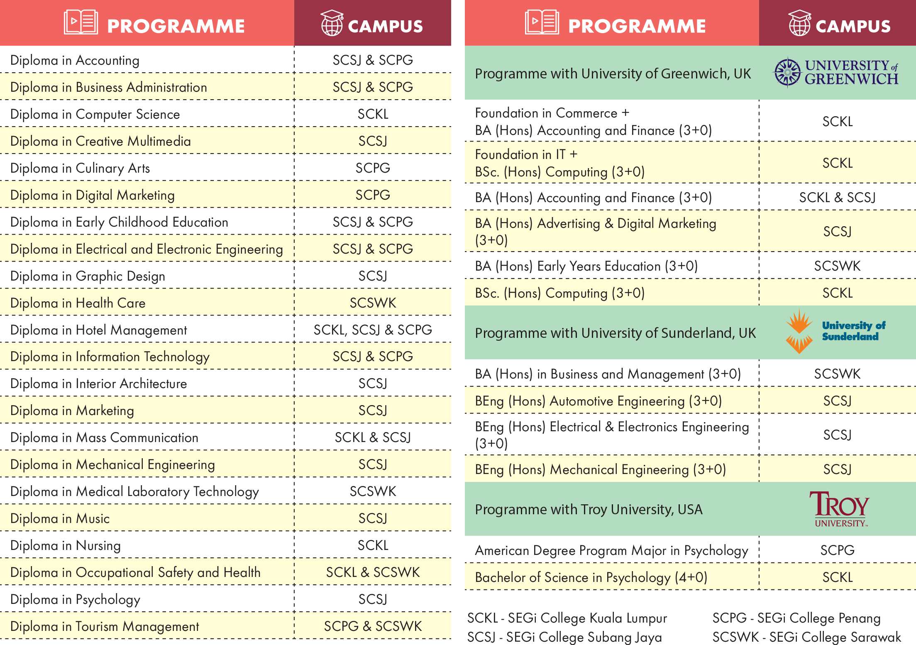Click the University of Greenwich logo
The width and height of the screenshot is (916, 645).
click(836, 73)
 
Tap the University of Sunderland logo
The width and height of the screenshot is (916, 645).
click(835, 331)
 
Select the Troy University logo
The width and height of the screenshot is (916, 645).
click(839, 509)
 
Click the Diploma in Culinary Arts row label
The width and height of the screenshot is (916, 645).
click(80, 168)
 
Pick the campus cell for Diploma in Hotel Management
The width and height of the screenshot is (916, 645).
click(373, 330)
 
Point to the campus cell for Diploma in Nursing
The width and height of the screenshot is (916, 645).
click(373, 545)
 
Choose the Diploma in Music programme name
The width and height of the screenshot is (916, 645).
click(60, 518)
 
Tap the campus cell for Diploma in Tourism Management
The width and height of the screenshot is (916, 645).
click(373, 626)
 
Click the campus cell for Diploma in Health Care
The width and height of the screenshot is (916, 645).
click(373, 303)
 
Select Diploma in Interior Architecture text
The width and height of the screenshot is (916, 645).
click(99, 384)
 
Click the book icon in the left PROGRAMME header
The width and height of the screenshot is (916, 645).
click(81, 22)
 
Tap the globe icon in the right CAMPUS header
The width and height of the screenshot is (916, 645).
click(799, 23)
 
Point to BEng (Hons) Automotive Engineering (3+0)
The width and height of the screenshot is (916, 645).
click(598, 401)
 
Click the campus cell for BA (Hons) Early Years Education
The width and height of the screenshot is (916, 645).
click(837, 266)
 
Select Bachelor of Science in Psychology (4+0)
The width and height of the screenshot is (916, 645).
click(591, 577)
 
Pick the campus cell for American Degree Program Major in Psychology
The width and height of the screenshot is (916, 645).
click(837, 550)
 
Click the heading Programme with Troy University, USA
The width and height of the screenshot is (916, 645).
click(589, 509)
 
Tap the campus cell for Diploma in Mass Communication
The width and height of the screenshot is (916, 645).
click(373, 437)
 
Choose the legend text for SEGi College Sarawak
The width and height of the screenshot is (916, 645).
click(806, 637)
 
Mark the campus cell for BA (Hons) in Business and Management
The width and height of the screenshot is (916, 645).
click(837, 374)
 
